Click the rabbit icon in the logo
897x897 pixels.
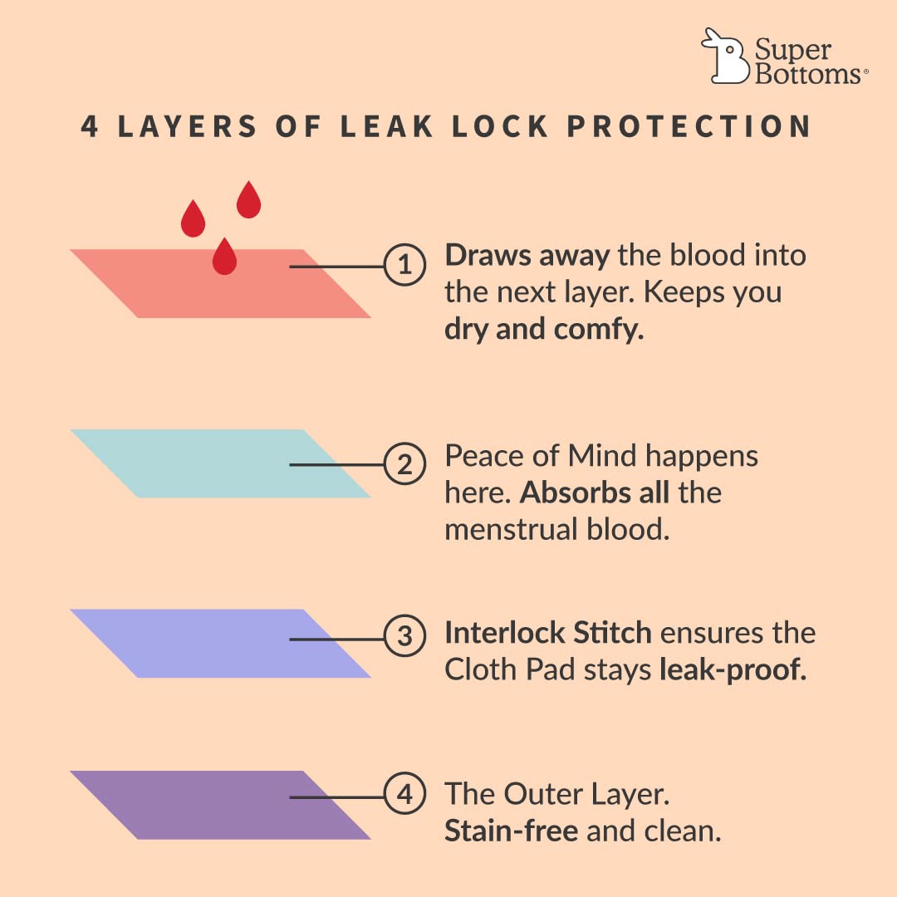point(725,56)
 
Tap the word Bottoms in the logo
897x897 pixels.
point(808,75)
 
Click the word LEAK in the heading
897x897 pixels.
point(387,126)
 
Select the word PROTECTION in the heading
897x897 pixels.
point(689,126)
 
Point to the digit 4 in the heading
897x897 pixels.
point(89,126)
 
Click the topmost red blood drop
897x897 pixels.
point(249,199)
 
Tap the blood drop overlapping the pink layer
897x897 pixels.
point(224,257)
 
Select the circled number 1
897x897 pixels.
point(404,265)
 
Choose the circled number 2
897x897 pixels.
point(404,464)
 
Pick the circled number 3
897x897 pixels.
point(404,635)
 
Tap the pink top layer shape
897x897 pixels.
point(220,284)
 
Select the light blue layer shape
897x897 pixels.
point(220,463)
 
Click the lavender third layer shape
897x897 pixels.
point(220,644)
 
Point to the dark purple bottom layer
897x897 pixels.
point(220,806)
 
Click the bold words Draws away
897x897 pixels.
point(527,256)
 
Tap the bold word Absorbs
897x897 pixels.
point(595,493)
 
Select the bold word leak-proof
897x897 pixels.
point(733,670)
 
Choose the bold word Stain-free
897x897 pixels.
point(512,831)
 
